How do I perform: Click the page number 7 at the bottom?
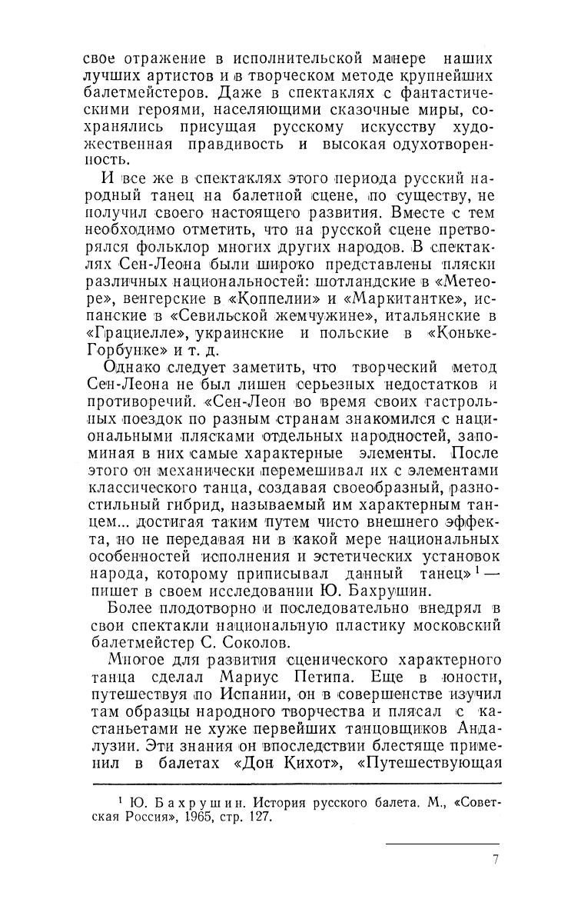pyautogui.click(x=496, y=859)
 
